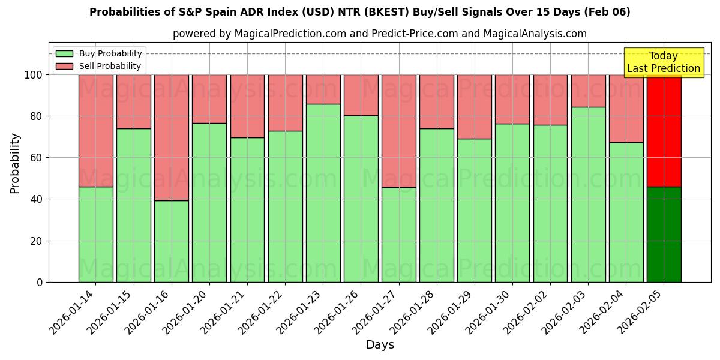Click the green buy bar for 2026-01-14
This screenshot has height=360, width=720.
point(95,234)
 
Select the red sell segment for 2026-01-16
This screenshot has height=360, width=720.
point(172,137)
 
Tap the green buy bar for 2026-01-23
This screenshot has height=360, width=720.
point(323,193)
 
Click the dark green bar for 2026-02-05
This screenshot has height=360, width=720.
point(664,234)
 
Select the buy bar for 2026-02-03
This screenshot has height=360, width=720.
point(589,194)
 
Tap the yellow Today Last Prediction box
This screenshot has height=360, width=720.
point(664,62)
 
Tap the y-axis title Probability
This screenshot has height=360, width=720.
point(15,163)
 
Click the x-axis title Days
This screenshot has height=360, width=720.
point(380,345)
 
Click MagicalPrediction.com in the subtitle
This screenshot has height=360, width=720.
point(287,34)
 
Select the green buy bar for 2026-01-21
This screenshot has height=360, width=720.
point(247,209)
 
